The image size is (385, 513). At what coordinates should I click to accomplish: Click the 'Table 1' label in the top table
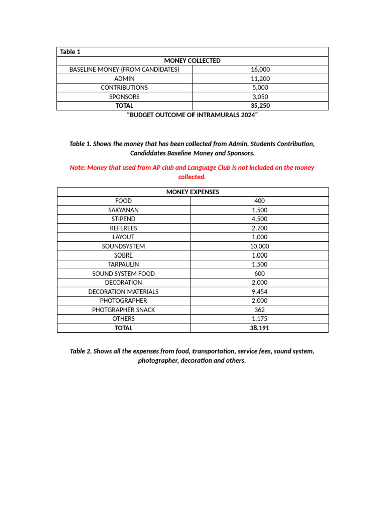70,52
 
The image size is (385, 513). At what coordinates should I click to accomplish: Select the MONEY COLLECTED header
192,61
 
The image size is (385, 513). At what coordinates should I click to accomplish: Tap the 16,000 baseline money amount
260,70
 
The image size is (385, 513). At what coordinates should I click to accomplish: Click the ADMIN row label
124,79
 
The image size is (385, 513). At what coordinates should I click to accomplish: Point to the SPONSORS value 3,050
260,97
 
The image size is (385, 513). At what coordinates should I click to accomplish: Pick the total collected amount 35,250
260,106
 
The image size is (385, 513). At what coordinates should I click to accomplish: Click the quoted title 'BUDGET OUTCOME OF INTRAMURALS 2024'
192,115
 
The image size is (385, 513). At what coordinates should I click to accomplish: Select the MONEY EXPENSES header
192,192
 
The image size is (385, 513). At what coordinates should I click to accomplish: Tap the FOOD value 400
260,201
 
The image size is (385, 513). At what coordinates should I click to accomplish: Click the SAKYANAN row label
123,210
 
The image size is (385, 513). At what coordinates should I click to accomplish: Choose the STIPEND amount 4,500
260,219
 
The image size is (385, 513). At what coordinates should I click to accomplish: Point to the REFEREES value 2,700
260,228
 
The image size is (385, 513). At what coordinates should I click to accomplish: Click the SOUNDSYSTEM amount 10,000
260,246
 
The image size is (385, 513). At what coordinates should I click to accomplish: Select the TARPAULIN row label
123,265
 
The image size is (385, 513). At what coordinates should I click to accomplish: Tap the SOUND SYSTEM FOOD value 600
260,274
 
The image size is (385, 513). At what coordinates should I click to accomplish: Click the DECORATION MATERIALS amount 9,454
260,292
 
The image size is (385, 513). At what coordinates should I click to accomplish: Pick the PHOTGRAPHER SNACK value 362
260,310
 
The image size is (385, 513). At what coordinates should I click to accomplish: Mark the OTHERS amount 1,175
260,319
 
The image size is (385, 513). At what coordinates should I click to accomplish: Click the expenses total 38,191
260,328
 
